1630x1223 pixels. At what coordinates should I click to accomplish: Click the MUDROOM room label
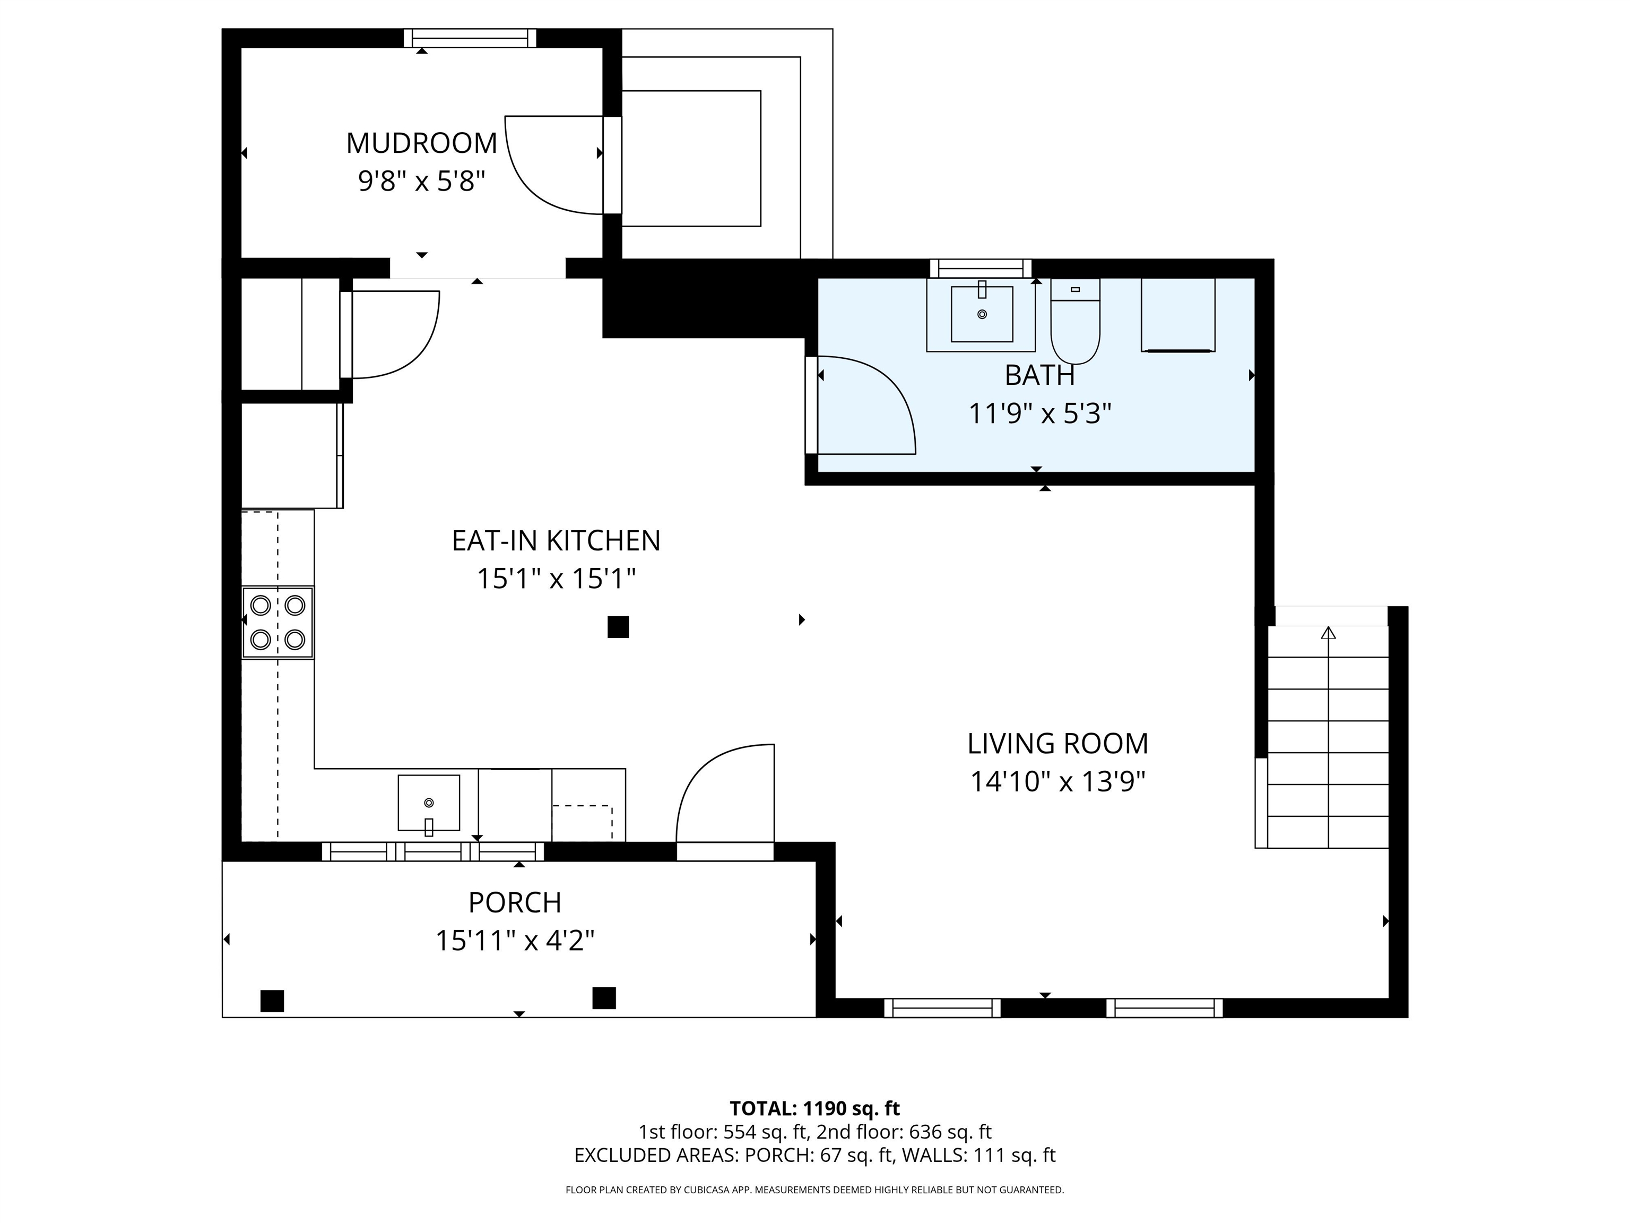[421, 143]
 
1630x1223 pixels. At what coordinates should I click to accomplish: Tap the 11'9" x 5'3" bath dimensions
[1039, 414]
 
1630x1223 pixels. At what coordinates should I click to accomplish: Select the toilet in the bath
[1075, 325]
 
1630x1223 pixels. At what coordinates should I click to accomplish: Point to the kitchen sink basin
[429, 802]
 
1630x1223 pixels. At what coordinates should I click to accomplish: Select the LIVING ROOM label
[1057, 744]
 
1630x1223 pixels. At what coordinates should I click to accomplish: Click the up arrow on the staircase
[1328, 633]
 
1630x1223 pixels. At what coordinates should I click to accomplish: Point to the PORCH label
[514, 902]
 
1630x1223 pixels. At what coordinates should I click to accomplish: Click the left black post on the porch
[272, 1001]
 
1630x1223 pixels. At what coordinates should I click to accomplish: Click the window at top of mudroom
[470, 38]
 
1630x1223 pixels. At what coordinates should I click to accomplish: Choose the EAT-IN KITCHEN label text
[556, 541]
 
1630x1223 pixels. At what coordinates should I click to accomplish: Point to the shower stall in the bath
[1177, 315]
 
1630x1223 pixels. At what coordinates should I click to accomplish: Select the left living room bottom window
[942, 1007]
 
